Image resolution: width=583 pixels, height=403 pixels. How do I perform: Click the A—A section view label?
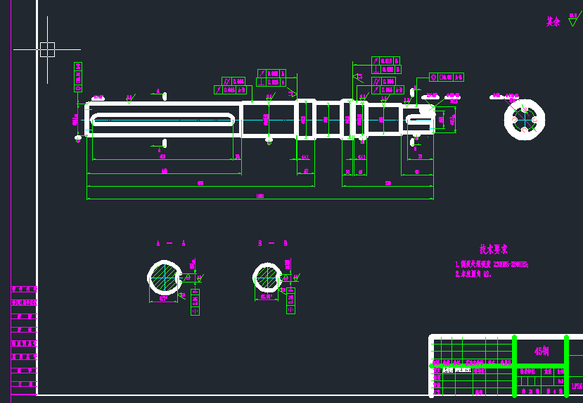(171, 244)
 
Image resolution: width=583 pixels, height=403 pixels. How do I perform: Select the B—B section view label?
(273, 244)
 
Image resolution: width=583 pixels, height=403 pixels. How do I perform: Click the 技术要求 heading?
(493, 249)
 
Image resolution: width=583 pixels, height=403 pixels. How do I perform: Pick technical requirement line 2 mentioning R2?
(473, 273)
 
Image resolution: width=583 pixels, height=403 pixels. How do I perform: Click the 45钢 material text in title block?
(542, 351)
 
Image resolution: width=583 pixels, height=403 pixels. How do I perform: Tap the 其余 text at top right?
(553, 22)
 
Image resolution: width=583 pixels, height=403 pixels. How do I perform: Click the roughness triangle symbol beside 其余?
(572, 22)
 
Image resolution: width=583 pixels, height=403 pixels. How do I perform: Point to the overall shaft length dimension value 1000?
(260, 197)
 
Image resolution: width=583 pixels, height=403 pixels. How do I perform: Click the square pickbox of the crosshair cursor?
(47, 49)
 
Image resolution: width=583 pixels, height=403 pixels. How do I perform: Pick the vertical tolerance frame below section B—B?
(290, 299)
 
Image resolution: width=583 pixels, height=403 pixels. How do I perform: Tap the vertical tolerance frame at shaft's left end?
(78, 77)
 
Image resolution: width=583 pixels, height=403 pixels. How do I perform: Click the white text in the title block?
(456, 368)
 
